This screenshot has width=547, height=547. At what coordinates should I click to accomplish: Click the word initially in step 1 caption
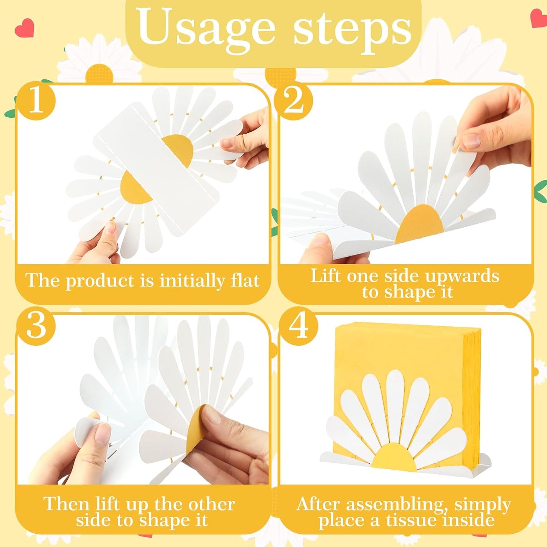[x=188, y=281]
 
